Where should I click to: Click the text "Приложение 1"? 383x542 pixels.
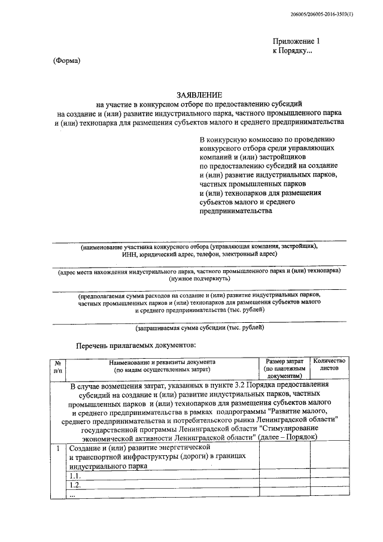coord(297,41)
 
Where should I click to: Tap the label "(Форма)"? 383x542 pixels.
coord(66,60)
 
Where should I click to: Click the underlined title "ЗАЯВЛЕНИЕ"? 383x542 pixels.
coord(199,95)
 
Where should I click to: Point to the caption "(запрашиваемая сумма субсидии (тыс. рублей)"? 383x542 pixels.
coord(199,328)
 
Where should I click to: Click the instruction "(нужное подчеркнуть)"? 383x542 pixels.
coord(199,279)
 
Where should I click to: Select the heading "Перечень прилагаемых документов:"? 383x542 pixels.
coord(135,346)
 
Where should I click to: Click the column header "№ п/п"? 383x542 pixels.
coord(58,367)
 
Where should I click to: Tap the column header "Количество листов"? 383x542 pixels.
coord(329,366)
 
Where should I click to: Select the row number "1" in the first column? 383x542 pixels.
coord(57,448)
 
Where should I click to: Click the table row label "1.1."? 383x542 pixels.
coord(75,475)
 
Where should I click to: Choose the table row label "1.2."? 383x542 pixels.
coord(75,485)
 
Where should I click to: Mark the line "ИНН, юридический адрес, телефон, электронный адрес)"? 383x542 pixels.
coord(199,255)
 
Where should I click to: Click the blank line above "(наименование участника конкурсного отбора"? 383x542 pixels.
coord(199,241)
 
